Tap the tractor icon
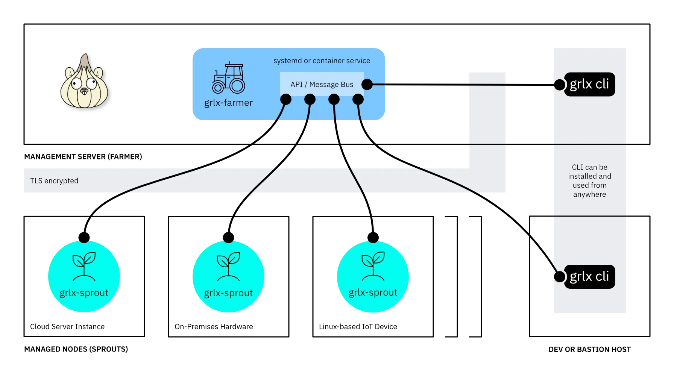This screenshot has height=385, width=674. (229, 78)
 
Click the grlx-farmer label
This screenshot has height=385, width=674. (228, 103)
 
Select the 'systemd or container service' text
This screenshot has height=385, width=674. (322, 61)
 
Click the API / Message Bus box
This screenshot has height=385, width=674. (322, 84)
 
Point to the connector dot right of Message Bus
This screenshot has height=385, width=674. (367, 85)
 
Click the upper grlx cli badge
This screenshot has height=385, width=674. (589, 84)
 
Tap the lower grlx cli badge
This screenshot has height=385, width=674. (589, 277)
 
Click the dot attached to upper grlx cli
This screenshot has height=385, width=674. (560, 85)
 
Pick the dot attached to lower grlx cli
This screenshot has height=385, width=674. (560, 277)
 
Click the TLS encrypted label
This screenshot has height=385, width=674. (54, 181)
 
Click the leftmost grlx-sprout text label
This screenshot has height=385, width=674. (84, 293)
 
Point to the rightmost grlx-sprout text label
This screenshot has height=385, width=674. (373, 293)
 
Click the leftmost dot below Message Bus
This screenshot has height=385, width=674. (286, 99)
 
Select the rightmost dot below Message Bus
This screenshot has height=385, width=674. (358, 99)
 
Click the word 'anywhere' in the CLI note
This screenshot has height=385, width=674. (589, 194)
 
